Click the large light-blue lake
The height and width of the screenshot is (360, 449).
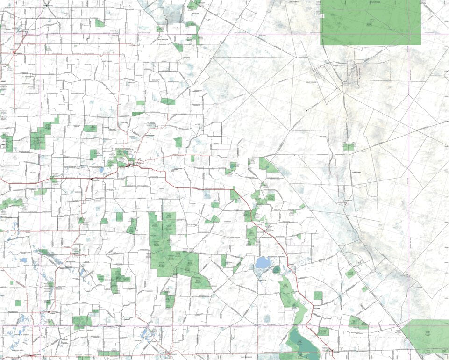point(263,263)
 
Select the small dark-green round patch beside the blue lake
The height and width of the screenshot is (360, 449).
point(276,269)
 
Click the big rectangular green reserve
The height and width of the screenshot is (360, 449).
point(371,22)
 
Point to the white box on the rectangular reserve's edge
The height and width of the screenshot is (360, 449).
point(322,16)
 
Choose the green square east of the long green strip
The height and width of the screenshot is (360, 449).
point(318,295)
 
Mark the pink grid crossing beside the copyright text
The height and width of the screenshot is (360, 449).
point(410,326)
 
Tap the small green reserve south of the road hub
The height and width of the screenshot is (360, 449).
point(348,146)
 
